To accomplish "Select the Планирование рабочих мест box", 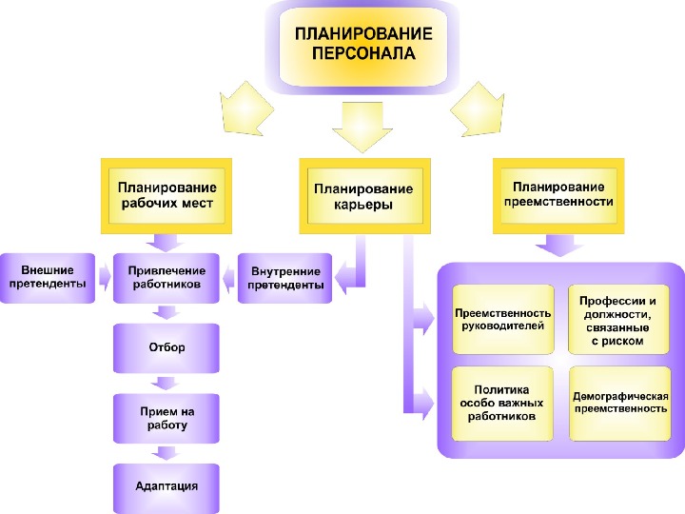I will point(166,196).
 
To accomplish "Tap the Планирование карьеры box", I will point(363,196).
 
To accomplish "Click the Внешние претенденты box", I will point(48,277).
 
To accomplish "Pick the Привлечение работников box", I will point(166,277).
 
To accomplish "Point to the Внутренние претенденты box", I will point(284,277).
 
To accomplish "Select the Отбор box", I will point(166,347).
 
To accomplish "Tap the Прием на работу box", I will point(166,418).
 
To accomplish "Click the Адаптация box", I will point(166,486).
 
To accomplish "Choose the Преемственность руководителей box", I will point(502,319).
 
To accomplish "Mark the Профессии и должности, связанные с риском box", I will point(618,319).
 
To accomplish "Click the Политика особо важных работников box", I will point(502,403).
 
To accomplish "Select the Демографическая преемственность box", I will point(618,403).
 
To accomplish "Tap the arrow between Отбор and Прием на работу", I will point(166,383).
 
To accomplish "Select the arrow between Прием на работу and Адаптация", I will point(166,453).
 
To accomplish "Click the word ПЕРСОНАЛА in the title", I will point(363,53).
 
